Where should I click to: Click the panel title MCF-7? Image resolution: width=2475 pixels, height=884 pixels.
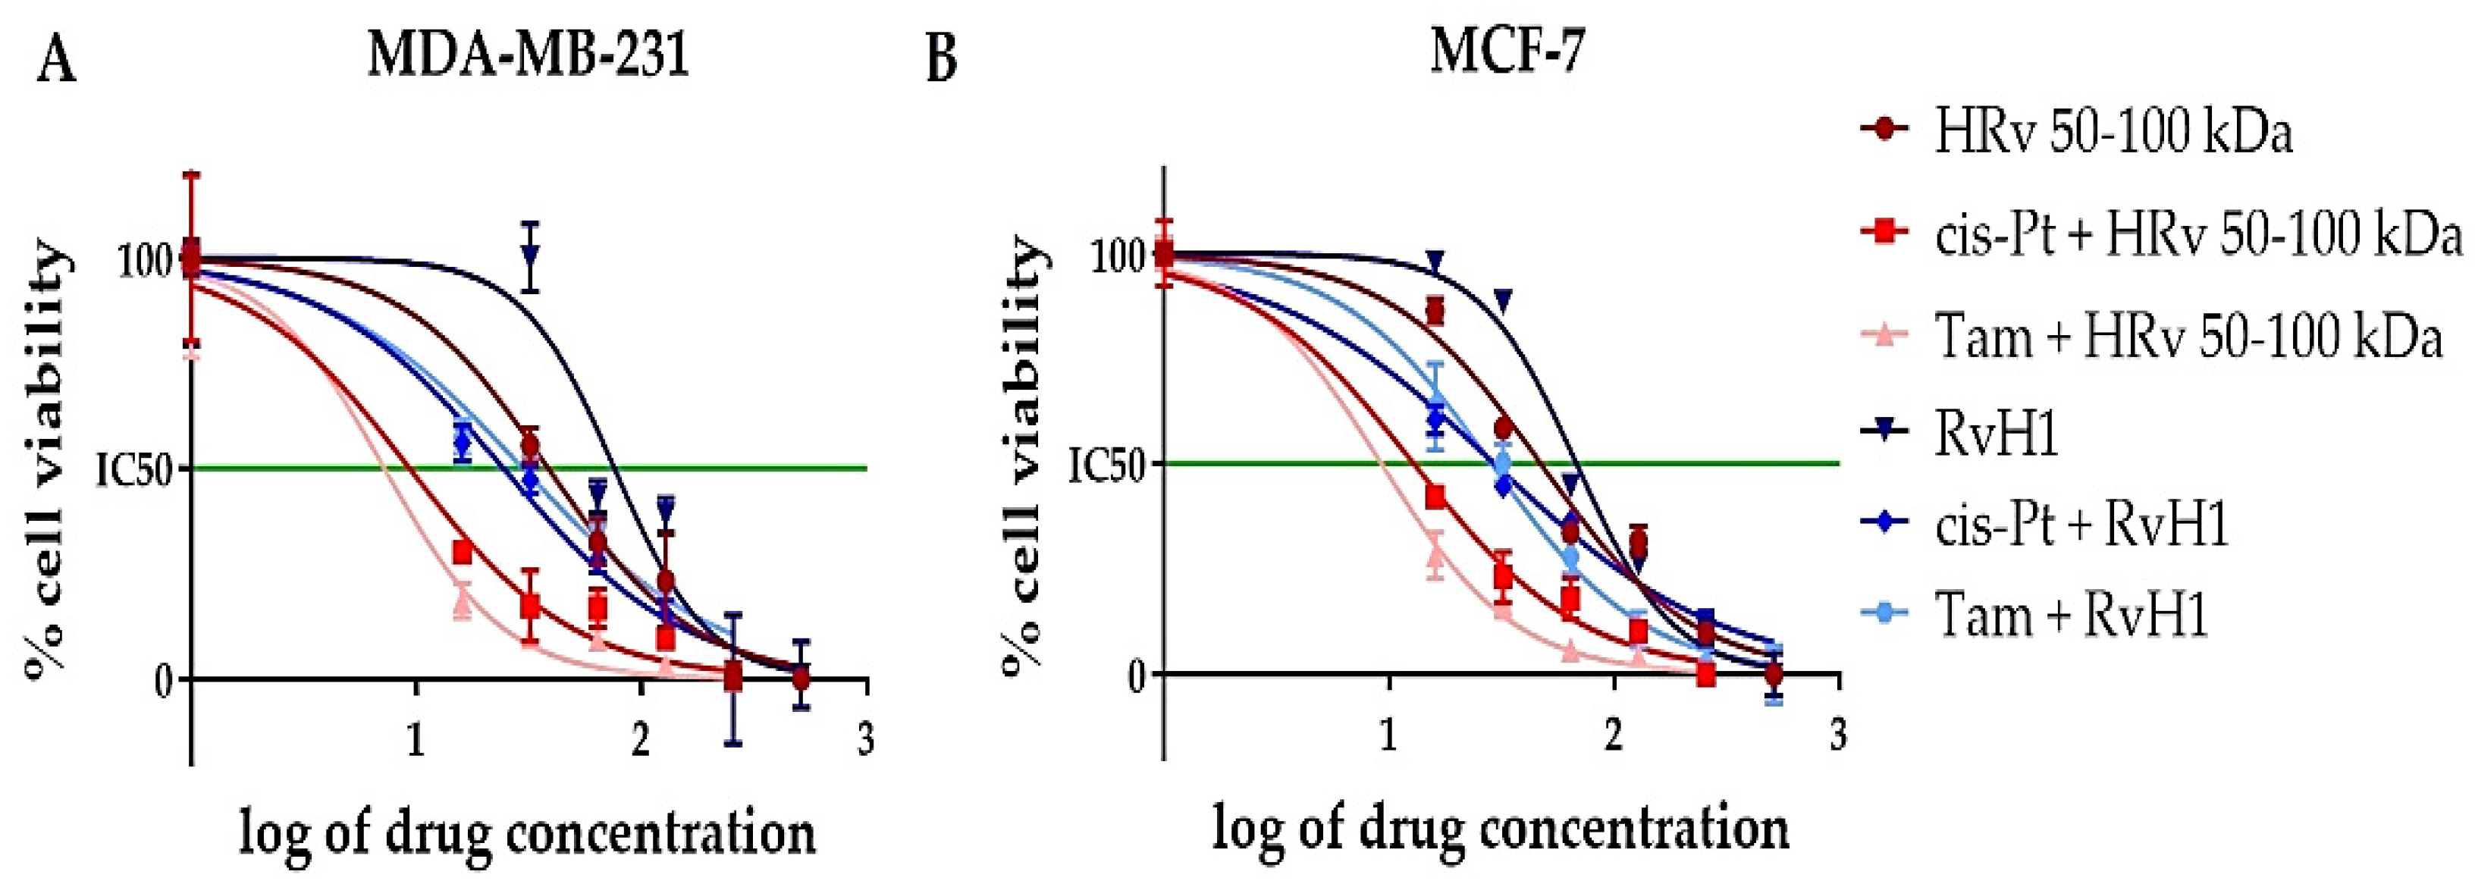(x=1507, y=51)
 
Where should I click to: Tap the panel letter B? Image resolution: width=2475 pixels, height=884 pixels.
(x=942, y=60)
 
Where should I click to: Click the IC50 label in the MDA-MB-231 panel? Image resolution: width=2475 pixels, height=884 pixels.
(x=133, y=470)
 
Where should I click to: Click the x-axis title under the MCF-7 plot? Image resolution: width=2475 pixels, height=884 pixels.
(x=1500, y=828)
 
